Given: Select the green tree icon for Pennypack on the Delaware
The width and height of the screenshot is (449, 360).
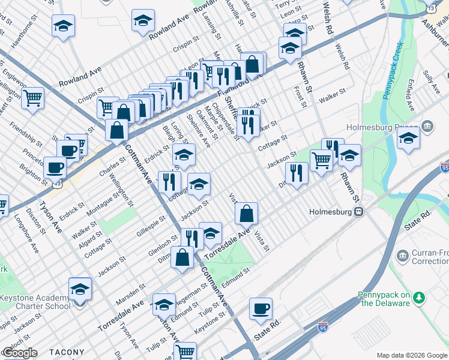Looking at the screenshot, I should tap(420, 298).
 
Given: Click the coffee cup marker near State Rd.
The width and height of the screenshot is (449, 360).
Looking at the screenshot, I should tap(261, 309).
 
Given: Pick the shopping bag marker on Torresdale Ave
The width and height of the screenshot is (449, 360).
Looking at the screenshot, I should tap(246, 213).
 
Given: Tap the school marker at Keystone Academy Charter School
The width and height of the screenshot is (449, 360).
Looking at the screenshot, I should tap(80, 289).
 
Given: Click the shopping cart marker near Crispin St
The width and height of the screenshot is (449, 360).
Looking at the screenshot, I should tap(32, 97).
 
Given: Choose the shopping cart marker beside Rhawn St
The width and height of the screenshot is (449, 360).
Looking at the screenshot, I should tap(322, 160).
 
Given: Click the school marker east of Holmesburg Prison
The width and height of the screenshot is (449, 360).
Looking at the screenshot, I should tap(408, 138).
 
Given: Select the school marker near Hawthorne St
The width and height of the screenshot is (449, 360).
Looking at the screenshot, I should tap(63, 26).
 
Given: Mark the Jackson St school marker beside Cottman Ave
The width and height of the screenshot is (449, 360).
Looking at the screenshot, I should tap(199, 184).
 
